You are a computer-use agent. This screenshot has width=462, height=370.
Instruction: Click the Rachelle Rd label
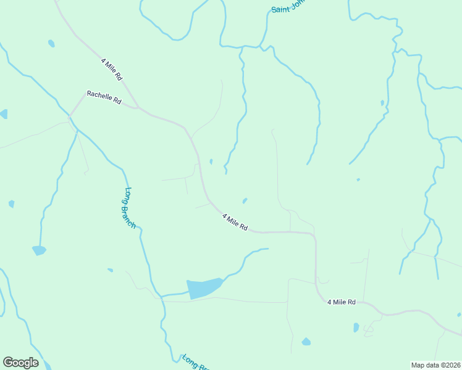[x=104, y=97]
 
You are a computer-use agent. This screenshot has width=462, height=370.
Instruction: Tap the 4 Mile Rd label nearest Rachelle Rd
[x=112, y=69]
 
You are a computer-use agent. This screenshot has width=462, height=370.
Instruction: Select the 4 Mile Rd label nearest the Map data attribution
[x=342, y=302]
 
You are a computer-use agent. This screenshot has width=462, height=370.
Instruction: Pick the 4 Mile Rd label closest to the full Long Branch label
[x=235, y=222]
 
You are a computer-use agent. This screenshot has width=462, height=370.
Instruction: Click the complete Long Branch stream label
[x=130, y=208]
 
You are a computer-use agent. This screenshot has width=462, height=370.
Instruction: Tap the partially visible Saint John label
[x=288, y=7]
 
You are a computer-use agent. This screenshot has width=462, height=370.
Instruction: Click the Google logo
[x=20, y=363]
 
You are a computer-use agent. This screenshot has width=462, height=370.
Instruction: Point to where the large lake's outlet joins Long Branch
[x=162, y=296]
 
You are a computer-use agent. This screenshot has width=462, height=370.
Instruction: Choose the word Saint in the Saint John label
[x=280, y=9]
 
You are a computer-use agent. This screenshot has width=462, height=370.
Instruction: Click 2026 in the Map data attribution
[x=452, y=365]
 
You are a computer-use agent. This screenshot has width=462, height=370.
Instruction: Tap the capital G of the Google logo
[x=8, y=363]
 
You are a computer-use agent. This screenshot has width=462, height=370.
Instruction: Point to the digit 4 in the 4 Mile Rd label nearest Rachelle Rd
[x=103, y=60]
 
